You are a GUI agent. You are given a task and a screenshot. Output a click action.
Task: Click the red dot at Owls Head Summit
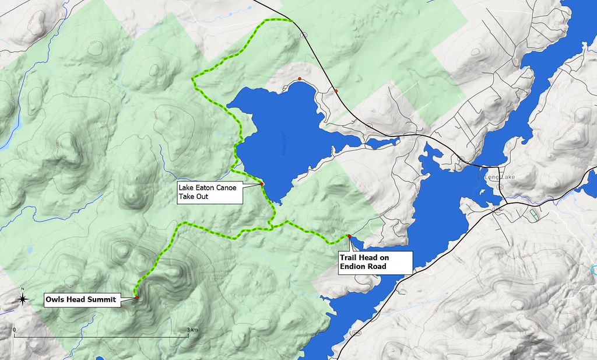click(136, 298)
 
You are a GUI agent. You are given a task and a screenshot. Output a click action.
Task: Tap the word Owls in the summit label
click(56, 301)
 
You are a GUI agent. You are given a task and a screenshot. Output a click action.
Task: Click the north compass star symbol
click(22, 299)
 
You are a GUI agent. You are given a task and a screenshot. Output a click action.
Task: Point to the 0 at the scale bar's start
click(14, 330)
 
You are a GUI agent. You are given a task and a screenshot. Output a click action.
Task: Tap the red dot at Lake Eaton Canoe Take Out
click(262, 184)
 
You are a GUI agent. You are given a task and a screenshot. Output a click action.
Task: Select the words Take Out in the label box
click(193, 197)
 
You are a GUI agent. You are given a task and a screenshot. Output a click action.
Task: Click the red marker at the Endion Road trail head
click(349, 236)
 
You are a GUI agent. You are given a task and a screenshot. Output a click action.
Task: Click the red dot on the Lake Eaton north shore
click(299, 79)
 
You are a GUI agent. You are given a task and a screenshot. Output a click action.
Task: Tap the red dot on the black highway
click(336, 90)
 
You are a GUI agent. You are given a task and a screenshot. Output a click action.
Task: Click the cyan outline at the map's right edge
click(594, 270)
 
